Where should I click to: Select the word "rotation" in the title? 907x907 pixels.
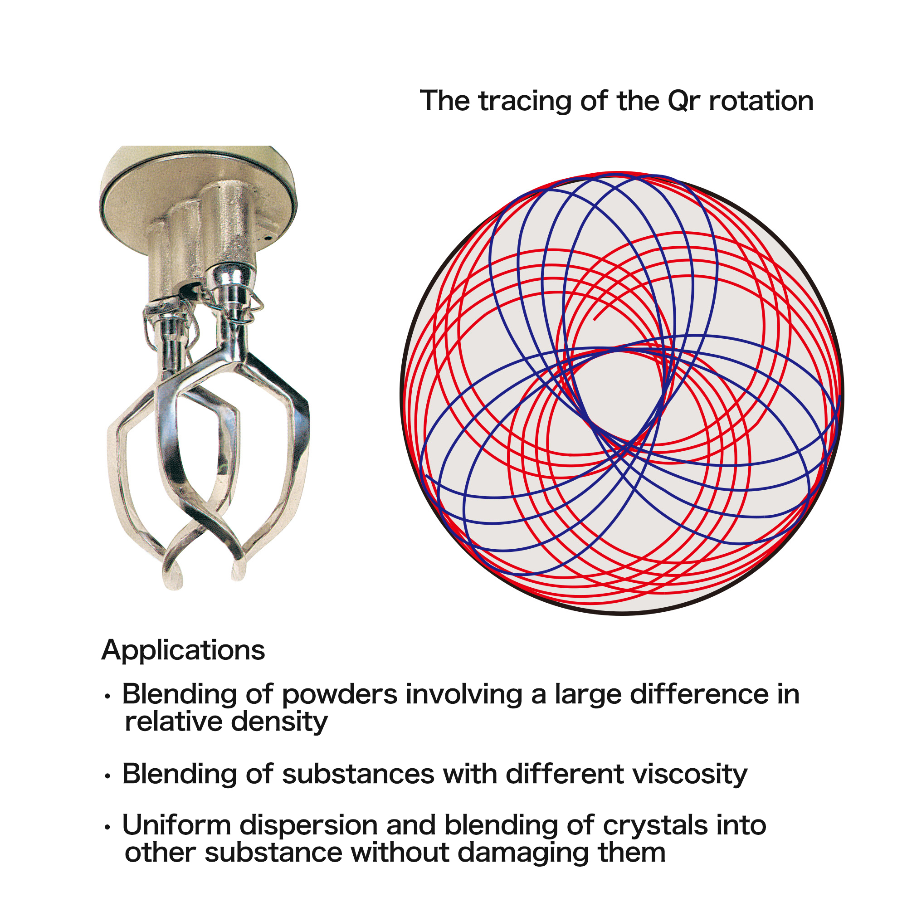761,102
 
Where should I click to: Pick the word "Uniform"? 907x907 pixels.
176,826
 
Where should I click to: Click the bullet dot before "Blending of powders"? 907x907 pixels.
107,697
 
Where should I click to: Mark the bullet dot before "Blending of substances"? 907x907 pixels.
107,777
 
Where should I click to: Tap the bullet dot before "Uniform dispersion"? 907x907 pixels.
107,828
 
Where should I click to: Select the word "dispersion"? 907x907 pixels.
308,827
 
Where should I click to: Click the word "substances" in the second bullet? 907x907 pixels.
358,774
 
